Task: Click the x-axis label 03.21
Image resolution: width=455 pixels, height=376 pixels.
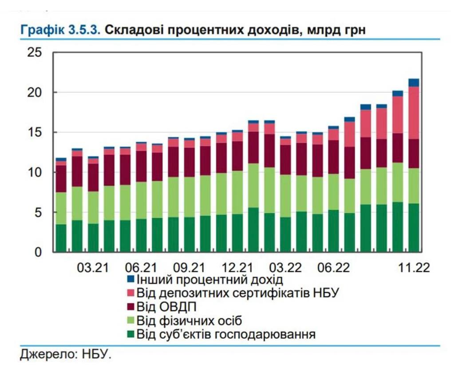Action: pos(93,268)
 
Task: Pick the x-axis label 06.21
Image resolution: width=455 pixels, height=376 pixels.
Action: pos(141,268)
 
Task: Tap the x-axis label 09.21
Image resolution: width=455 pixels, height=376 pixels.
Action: pos(189,268)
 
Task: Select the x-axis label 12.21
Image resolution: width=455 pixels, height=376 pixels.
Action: pos(237,268)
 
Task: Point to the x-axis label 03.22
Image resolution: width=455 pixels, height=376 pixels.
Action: pos(286,268)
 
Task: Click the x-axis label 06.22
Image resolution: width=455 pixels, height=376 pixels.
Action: pos(334,268)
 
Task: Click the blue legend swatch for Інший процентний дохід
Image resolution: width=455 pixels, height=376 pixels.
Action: pos(131,280)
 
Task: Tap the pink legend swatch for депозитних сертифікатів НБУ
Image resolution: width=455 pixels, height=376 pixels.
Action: pos(131,293)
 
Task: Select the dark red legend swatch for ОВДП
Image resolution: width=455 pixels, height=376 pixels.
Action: pos(131,307)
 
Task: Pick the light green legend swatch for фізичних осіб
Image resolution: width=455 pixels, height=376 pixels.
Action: pos(131,320)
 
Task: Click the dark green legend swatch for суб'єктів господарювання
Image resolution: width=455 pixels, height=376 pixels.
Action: pos(131,334)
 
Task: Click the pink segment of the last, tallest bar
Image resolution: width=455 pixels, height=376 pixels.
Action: pos(414,113)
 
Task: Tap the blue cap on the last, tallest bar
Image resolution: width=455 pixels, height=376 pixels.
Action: pos(414,82)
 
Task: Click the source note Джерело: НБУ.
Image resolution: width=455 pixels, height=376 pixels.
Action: pos(65,355)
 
